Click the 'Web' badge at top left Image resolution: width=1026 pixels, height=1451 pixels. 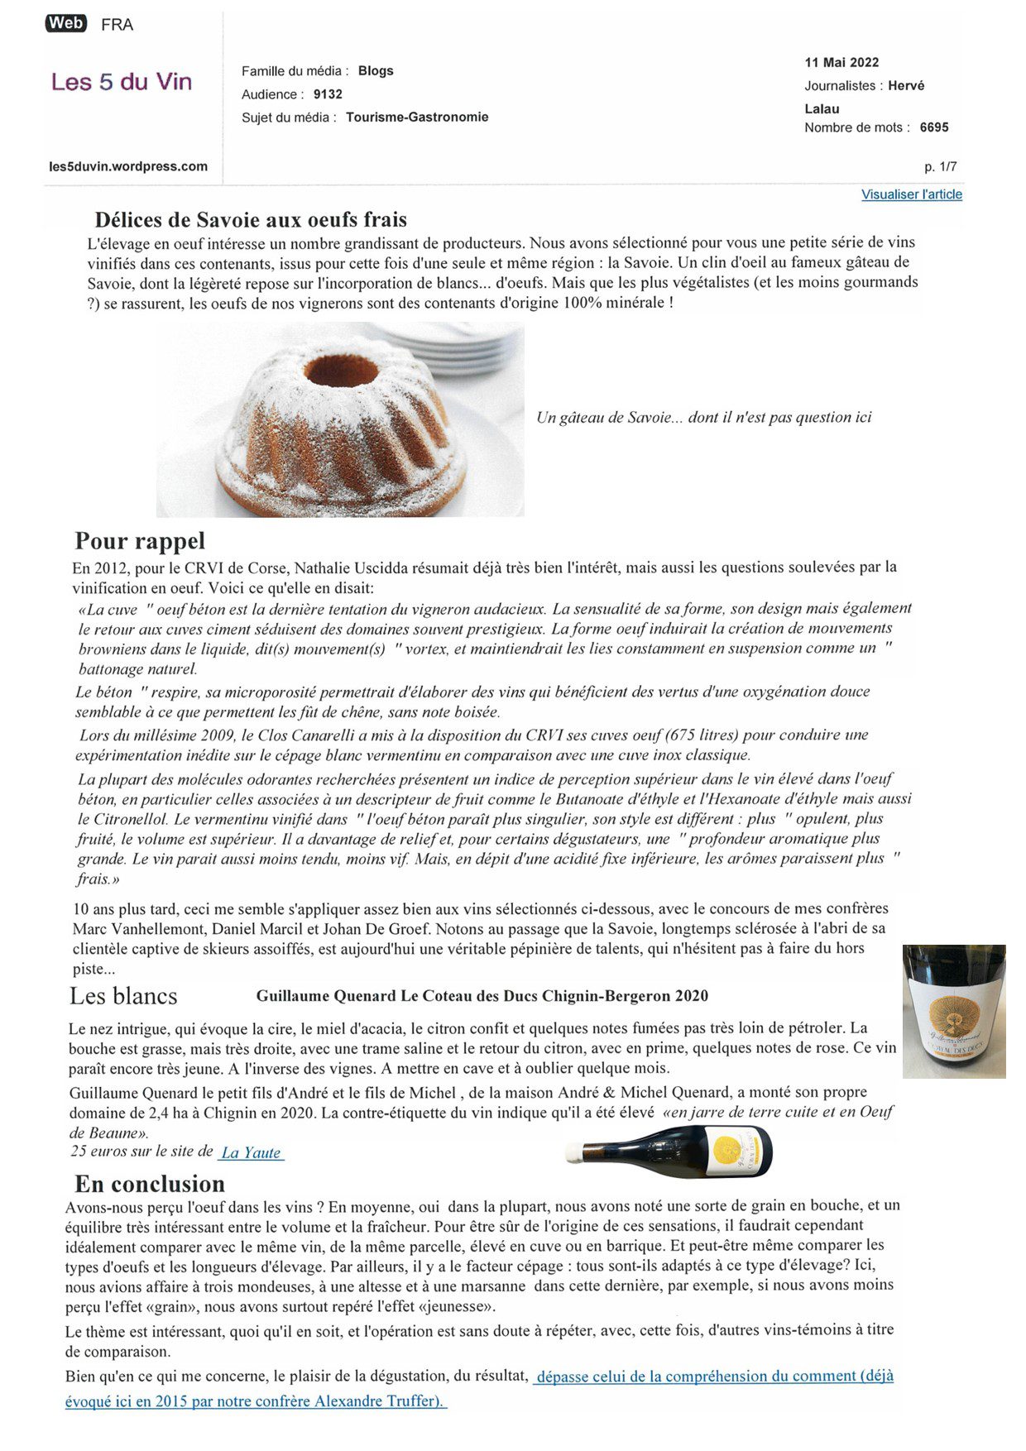click(65, 23)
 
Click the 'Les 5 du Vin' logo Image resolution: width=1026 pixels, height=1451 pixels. click(122, 82)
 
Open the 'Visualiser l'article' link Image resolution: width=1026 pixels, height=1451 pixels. click(911, 194)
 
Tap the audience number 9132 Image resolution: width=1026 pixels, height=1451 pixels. click(328, 94)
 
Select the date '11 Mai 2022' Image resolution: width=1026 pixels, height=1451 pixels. click(841, 63)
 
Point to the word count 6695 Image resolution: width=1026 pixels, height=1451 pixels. click(934, 127)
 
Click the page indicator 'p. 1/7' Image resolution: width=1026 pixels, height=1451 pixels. click(940, 166)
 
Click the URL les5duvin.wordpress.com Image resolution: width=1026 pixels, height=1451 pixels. click(128, 166)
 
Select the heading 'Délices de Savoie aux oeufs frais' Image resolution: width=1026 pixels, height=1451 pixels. click(251, 220)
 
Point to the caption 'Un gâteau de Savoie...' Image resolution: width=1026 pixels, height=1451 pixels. click(703, 418)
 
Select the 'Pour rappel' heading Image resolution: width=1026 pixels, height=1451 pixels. click(140, 541)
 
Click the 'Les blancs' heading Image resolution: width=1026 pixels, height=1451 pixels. click(123, 996)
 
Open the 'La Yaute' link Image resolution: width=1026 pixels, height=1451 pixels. click(251, 1152)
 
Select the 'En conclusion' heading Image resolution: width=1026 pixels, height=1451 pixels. click(150, 1184)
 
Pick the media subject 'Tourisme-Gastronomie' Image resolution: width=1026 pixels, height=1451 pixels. click(417, 117)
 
